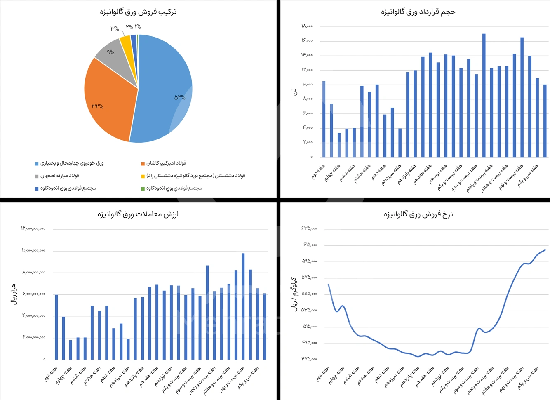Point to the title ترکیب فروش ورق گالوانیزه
click(138, 12)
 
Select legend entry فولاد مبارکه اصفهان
click(59, 176)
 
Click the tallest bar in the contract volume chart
click(484, 95)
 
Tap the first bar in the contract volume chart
click(324, 120)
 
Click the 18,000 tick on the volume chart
click(307, 26)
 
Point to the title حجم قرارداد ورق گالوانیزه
click(418, 12)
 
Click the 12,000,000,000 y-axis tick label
click(33, 228)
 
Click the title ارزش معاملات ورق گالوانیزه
click(138, 214)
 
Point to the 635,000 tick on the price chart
click(309, 228)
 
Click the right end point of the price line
click(545, 250)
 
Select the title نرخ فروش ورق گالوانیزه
click(418, 214)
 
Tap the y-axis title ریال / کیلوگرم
click(294, 294)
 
